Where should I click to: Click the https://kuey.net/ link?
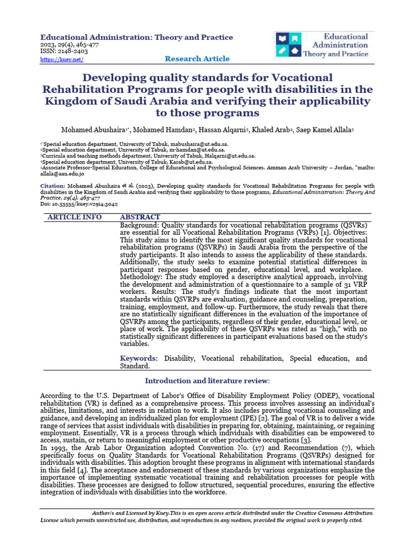point(62,59)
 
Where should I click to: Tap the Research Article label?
point(197,59)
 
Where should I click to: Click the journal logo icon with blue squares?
point(289,45)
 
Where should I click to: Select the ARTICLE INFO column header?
point(75,217)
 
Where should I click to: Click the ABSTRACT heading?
point(139,217)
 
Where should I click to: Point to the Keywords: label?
point(139,358)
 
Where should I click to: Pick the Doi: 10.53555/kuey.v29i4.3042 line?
point(79,204)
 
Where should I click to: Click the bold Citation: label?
point(53,186)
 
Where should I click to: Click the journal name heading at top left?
point(137,37)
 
